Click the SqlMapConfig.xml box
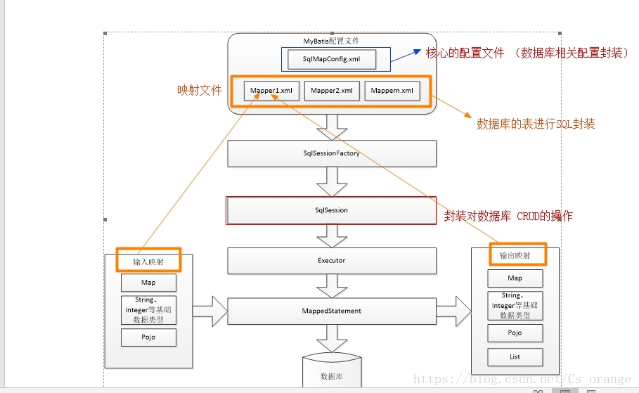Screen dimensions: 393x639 pyautogui.click(x=331, y=60)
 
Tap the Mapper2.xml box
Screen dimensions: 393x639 pyautogui.click(x=332, y=91)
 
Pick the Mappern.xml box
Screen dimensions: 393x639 pyautogui.click(x=392, y=91)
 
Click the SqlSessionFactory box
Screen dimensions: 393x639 pyautogui.click(x=331, y=153)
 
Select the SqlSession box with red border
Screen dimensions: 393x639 pyautogui.click(x=331, y=210)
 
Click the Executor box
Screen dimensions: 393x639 pyautogui.click(x=331, y=261)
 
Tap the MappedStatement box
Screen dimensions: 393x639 pyautogui.click(x=331, y=311)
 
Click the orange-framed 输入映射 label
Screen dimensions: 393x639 pyautogui.click(x=148, y=260)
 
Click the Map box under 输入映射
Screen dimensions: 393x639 pyautogui.click(x=148, y=283)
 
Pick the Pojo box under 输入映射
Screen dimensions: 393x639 pyautogui.click(x=148, y=337)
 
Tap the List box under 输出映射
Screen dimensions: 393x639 pyautogui.click(x=515, y=357)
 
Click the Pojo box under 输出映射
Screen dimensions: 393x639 pyautogui.click(x=515, y=332)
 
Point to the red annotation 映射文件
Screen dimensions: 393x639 pyautogui.click(x=199, y=91)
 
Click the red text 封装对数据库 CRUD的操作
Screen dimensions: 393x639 pyautogui.click(x=508, y=217)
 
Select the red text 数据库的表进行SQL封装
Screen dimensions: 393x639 pyautogui.click(x=536, y=124)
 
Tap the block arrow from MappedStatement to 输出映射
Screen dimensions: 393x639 pyautogui.click(x=454, y=311)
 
